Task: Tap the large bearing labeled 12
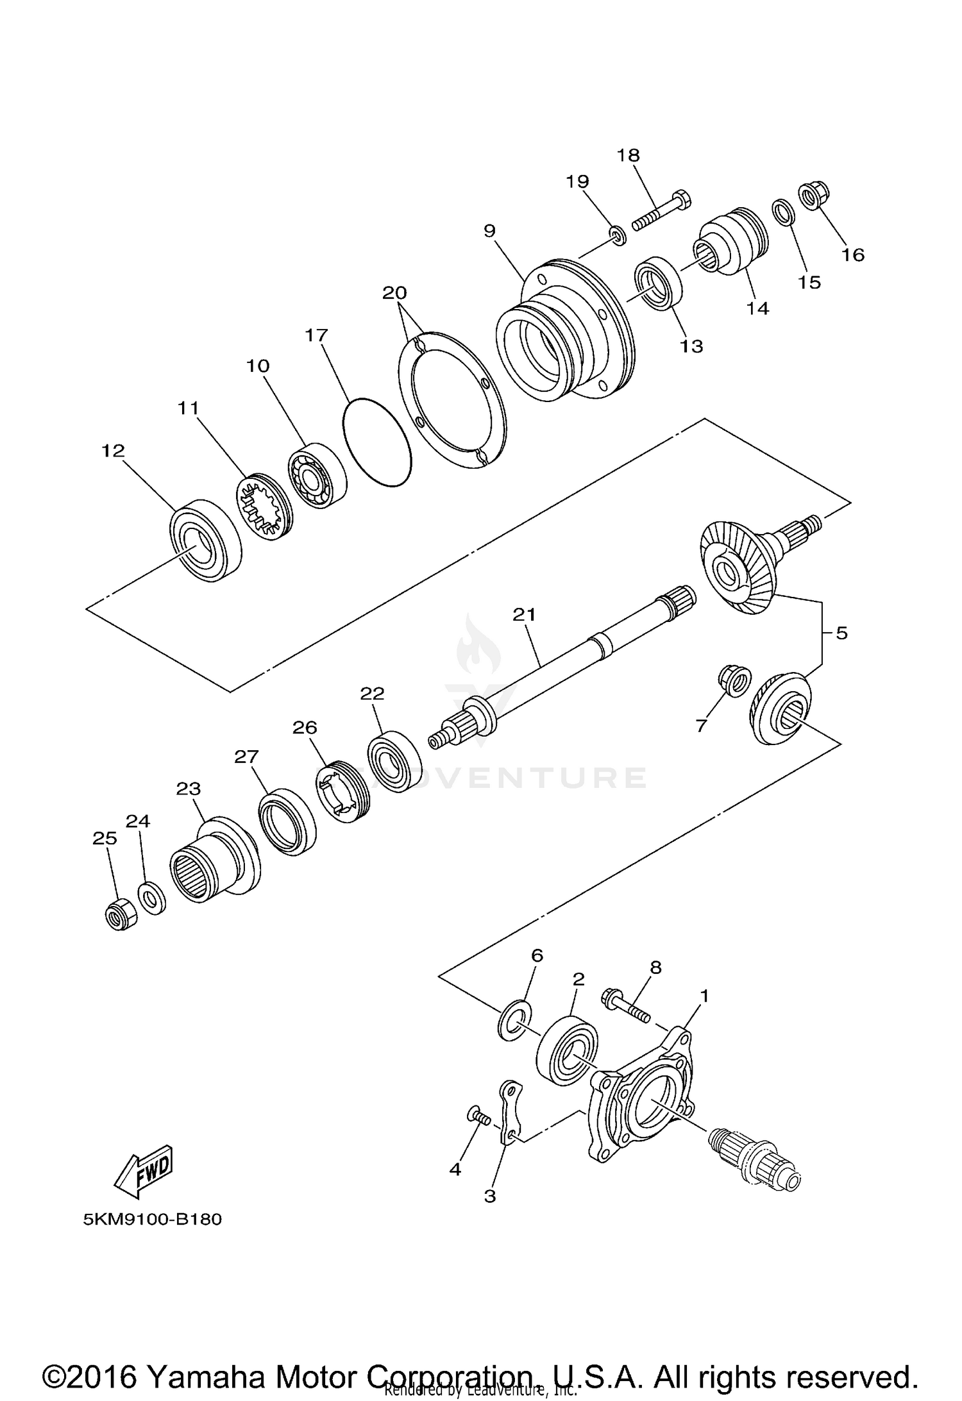pyautogui.click(x=205, y=541)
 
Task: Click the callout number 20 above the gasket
pyautogui.click(x=394, y=293)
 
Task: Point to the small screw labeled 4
pyautogui.click(x=478, y=1118)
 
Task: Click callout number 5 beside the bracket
pyautogui.click(x=841, y=633)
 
